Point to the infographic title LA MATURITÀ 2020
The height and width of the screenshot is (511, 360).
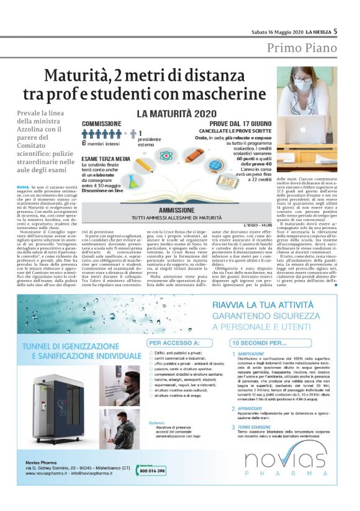coord(174,114)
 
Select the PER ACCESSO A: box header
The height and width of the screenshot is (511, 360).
coord(171,341)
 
